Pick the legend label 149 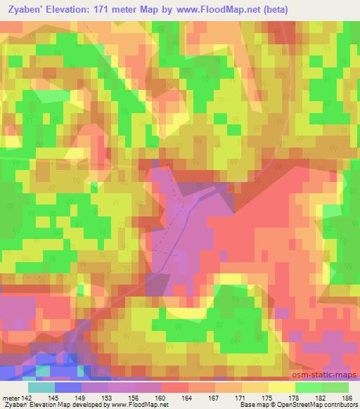tap(81, 397)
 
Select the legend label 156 tap(134, 397)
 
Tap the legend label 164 tap(188, 397)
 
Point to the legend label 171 tap(241, 397)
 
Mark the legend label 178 tap(295, 397)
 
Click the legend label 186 tap(348, 397)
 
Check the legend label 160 tap(161, 397)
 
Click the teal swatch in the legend tap(41, 387)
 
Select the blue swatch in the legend tap(68, 387)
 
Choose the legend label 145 tap(54, 397)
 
